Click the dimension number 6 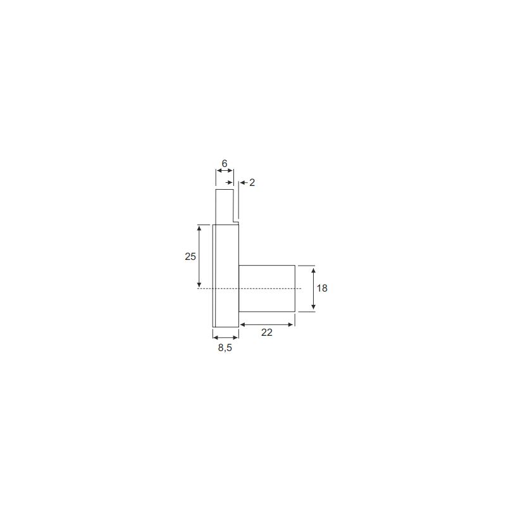point(225,164)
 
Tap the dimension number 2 point(252,183)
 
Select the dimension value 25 point(190,257)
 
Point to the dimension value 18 point(322,288)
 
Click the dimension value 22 point(267,333)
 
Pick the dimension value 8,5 point(225,348)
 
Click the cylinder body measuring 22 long point(267,288)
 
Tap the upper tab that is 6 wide point(225,207)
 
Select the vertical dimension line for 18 point(313,288)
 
